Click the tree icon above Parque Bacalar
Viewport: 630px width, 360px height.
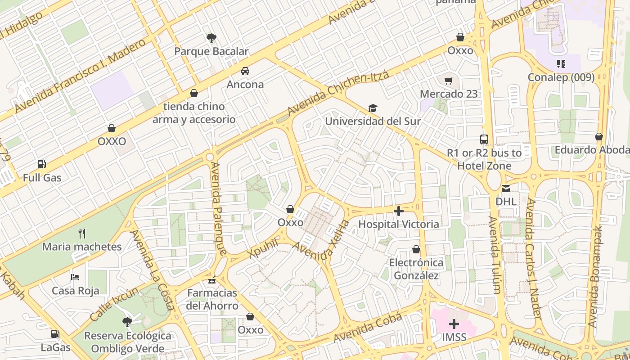click(x=211, y=38)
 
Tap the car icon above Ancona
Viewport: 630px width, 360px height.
click(x=245, y=71)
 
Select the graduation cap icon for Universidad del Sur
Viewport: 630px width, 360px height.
click(x=373, y=108)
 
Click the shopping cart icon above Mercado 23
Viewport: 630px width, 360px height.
click(x=448, y=81)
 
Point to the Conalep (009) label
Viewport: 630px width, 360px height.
click(x=561, y=77)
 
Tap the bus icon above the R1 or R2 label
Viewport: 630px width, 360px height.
click(x=484, y=139)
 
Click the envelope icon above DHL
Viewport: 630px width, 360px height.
click(x=506, y=189)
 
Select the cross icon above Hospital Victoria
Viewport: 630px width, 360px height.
click(x=398, y=211)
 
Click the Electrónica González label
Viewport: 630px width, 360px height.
click(x=416, y=269)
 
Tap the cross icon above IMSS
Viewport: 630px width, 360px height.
click(x=454, y=324)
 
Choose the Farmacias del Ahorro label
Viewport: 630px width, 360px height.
click(x=212, y=299)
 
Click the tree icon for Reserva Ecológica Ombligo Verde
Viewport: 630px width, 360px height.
click(x=127, y=322)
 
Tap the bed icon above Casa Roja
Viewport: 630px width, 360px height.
click(x=75, y=277)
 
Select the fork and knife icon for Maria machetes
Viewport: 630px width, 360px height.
click(x=81, y=233)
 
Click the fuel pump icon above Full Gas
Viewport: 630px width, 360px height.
click(x=42, y=164)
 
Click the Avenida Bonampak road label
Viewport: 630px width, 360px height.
click(x=595, y=276)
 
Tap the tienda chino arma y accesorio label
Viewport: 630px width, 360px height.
click(x=194, y=113)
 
